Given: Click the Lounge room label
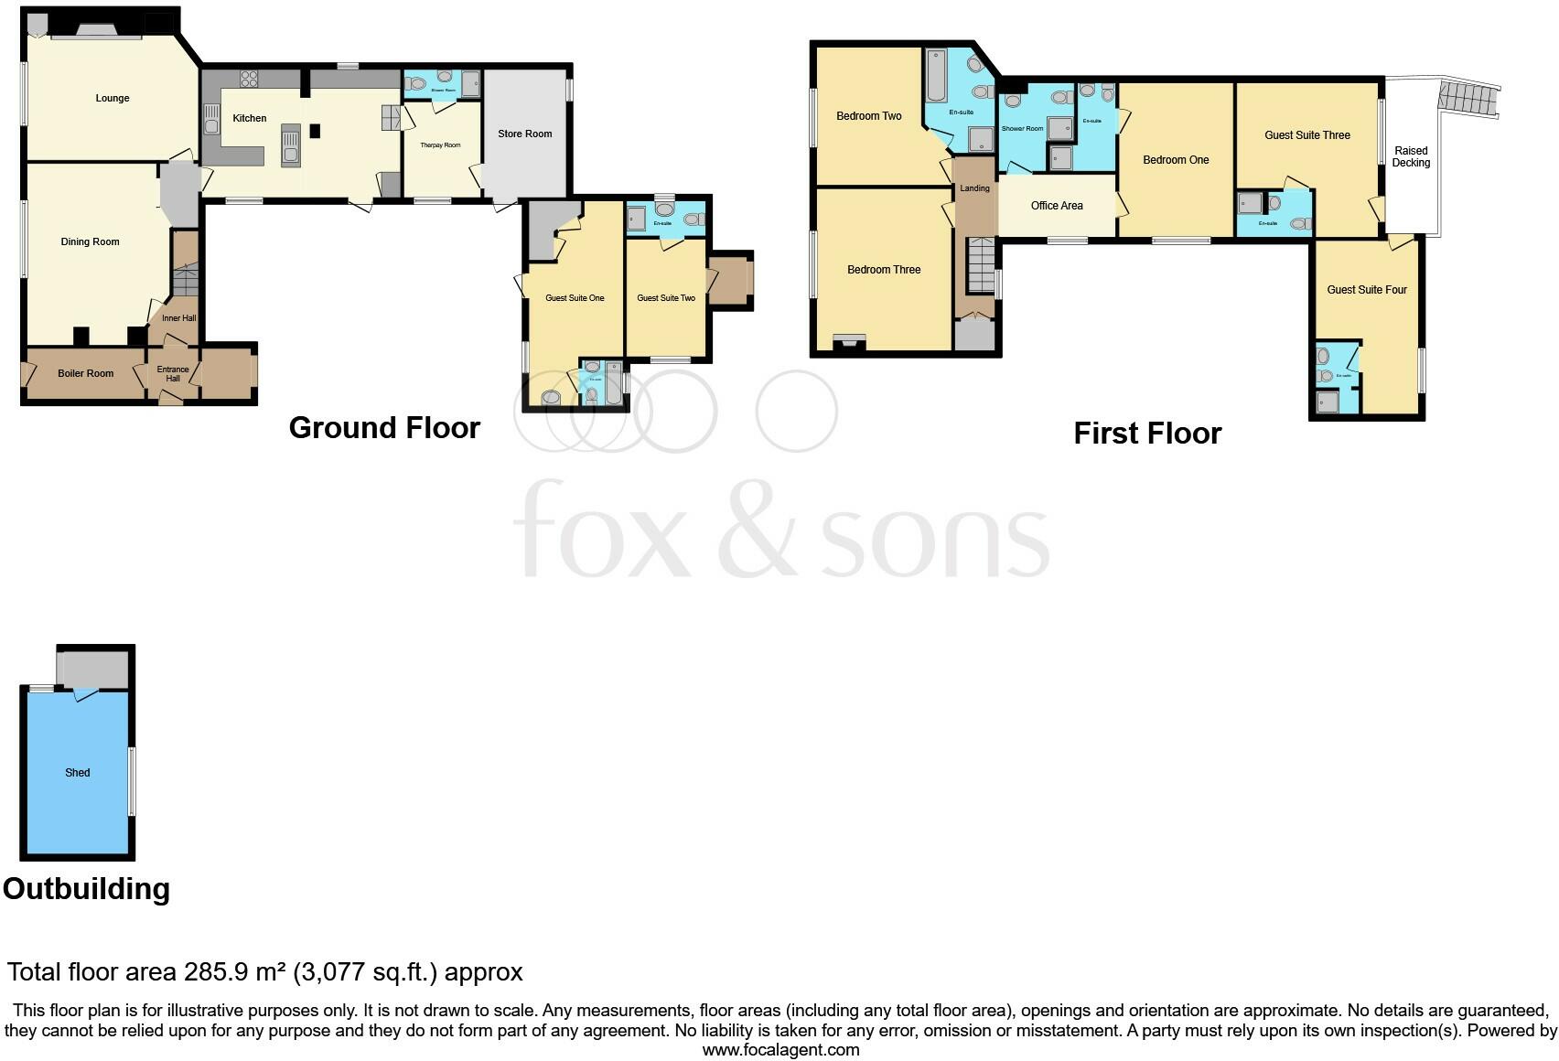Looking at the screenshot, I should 113,98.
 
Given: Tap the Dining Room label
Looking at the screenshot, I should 90,241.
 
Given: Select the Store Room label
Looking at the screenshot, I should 524,134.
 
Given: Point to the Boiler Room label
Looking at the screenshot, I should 85,373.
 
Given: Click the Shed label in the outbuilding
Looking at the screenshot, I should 78,772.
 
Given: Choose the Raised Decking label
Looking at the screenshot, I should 1410,156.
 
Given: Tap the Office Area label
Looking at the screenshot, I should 1056,205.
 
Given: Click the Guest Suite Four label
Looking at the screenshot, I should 1367,289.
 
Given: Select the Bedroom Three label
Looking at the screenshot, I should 883,269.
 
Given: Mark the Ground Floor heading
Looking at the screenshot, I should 384,427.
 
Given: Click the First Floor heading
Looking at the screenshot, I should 1146,433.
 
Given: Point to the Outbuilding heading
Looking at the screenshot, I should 86,888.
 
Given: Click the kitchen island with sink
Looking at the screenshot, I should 291,145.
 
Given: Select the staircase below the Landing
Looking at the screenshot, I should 981,264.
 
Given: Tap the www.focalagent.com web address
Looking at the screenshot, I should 780,1049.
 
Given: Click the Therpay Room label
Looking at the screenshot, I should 440,145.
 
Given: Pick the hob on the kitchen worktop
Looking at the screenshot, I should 248,78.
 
